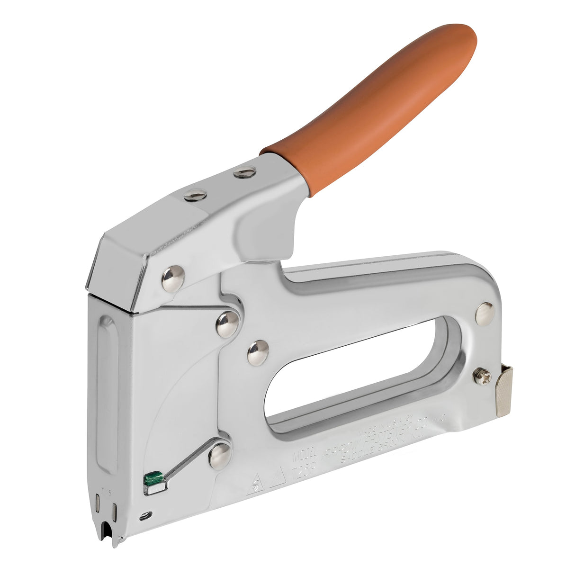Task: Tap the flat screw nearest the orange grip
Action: click(x=244, y=172)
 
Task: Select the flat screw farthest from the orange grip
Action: click(x=196, y=195)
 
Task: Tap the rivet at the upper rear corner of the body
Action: click(x=485, y=314)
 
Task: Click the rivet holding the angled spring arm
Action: click(x=219, y=456)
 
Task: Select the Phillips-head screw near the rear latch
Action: click(x=481, y=376)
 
